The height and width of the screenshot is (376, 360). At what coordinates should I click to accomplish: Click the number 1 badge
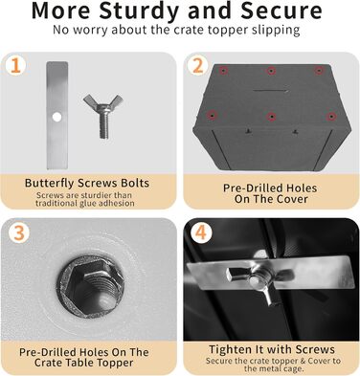tap(16, 66)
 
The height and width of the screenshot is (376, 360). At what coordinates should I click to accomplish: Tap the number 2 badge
tap(198, 66)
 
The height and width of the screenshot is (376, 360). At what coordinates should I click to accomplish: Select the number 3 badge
tap(19, 233)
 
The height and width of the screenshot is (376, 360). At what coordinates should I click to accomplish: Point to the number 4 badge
tap(201, 233)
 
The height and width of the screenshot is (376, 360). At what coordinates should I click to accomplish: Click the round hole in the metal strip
tap(56, 118)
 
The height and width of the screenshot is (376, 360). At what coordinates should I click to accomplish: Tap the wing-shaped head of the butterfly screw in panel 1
tap(103, 102)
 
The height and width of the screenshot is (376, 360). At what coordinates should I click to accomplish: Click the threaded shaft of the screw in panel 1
tap(104, 125)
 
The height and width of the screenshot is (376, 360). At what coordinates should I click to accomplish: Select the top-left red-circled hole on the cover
tap(223, 70)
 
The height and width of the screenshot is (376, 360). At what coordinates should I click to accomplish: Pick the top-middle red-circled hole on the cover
tap(271, 71)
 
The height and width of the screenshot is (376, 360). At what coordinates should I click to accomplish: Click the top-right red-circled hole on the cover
tap(318, 71)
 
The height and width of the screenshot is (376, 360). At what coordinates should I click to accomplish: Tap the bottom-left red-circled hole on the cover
tap(212, 115)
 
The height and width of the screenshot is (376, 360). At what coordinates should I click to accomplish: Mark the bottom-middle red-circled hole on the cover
tap(271, 117)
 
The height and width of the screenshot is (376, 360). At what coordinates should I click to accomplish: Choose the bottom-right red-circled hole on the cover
tap(331, 117)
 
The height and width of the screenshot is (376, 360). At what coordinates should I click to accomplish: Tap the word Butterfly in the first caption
tap(50, 183)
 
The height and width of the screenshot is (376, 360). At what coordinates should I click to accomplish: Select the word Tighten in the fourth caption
tap(228, 349)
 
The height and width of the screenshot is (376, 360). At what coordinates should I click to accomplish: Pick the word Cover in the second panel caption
tap(292, 199)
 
